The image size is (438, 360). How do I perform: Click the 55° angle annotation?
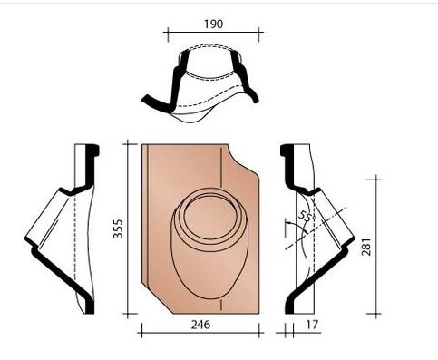pos(306,219)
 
